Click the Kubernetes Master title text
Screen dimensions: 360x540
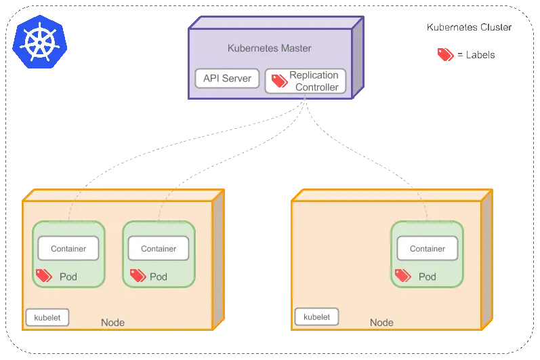tap(269, 49)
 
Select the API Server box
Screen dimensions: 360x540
tap(227, 79)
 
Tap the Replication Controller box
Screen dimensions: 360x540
tap(306, 81)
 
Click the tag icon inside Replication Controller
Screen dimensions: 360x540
tap(279, 81)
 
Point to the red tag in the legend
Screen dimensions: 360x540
tap(446, 54)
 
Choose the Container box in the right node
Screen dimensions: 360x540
tap(428, 249)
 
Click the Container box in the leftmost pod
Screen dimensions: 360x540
tap(68, 249)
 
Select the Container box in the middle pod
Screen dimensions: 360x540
tap(159, 249)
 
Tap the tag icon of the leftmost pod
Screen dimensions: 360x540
tap(44, 275)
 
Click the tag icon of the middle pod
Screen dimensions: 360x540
tap(138, 275)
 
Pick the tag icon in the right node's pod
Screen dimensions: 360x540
tap(402, 275)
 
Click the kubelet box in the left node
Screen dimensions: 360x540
tap(47, 317)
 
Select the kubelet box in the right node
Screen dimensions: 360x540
tap(316, 317)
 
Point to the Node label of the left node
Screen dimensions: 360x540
tap(112, 323)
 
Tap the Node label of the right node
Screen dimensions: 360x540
tap(381, 323)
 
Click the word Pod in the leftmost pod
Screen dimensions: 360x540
tap(68, 277)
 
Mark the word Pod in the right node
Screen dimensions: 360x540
tap(428, 277)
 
